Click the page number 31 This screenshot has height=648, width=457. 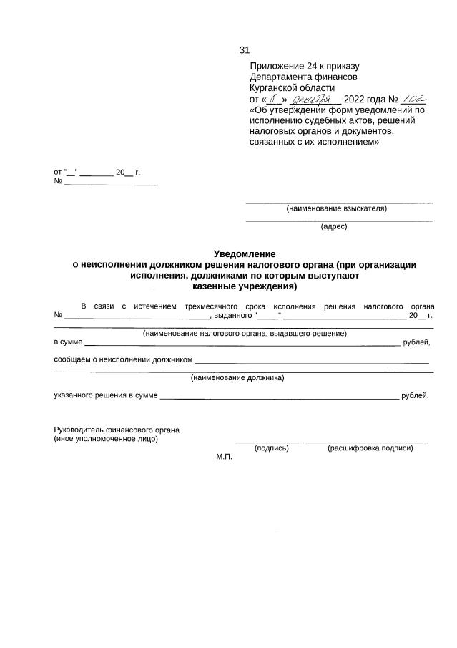pyautogui.click(x=244, y=50)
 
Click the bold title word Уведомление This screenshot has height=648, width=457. pyautogui.click(x=245, y=253)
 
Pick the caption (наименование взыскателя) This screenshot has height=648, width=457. pyautogui.click(x=336, y=209)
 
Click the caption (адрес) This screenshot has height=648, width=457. pyautogui.click(x=334, y=226)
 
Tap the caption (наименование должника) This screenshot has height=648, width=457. pyautogui.click(x=237, y=377)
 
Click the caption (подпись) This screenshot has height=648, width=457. pyautogui.click(x=271, y=448)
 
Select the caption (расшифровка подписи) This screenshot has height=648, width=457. pyautogui.click(x=370, y=448)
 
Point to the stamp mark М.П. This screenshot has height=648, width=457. pyautogui.click(x=225, y=457)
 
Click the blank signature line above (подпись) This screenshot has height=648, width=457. pyautogui.click(x=266, y=443)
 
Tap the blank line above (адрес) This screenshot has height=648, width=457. pyautogui.click(x=339, y=220)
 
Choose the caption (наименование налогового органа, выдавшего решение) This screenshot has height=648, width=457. pyautogui.click(x=245, y=333)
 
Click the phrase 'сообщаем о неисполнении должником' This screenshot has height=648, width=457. pyautogui.click(x=124, y=360)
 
